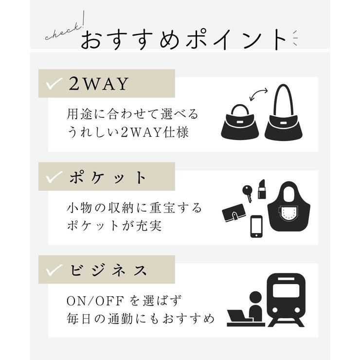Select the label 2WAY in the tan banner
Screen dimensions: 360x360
coord(99,84)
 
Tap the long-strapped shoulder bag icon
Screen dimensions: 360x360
coord(284,114)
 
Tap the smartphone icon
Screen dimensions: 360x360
coord(257,226)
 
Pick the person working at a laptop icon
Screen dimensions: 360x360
coord(246,310)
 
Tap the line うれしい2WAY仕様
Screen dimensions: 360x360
coord(127,132)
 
